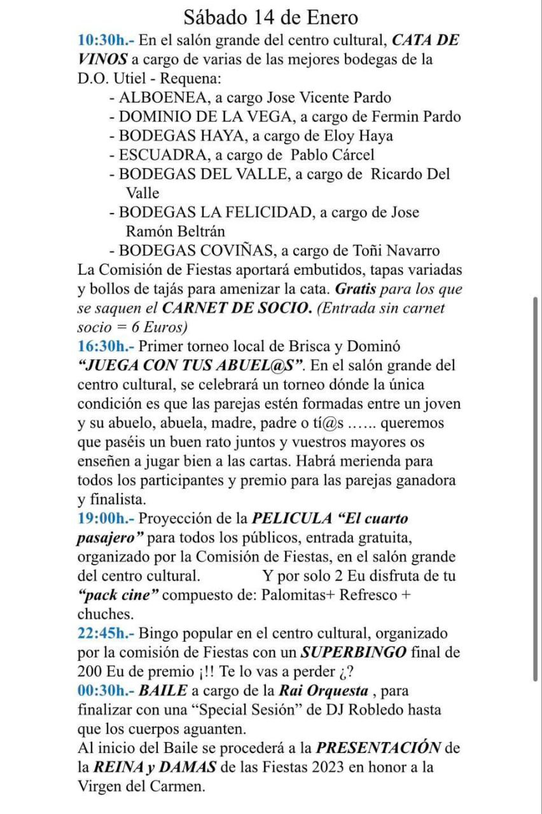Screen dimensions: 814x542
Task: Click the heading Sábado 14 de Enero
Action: [x=270, y=17]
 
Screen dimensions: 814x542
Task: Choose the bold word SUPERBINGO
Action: [x=354, y=652]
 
